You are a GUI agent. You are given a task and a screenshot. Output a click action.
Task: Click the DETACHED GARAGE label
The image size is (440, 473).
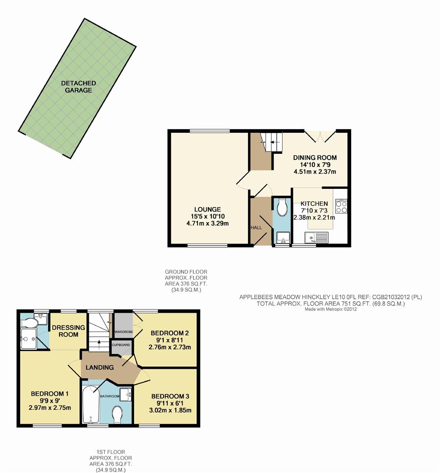[x=78, y=87]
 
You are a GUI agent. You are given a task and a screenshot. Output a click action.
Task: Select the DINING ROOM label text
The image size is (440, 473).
[x=315, y=158]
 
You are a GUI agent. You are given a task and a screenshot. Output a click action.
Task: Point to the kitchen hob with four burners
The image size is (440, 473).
[x=341, y=206]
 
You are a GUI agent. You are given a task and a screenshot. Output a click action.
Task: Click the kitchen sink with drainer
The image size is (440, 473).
[x=316, y=238]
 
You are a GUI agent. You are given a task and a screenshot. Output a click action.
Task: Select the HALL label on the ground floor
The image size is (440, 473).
[x=256, y=228]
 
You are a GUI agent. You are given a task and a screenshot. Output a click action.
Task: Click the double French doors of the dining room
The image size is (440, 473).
[x=321, y=136]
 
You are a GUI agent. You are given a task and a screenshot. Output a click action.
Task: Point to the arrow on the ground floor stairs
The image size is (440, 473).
[x=273, y=142]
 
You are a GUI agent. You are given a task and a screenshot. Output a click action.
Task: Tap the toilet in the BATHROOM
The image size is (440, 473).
[x=117, y=414]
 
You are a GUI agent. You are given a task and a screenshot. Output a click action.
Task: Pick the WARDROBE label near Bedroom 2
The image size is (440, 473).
[x=123, y=332]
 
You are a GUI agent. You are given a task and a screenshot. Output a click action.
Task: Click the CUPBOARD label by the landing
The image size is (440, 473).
[x=121, y=345]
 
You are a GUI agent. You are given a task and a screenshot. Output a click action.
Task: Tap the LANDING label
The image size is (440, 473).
[x=100, y=367]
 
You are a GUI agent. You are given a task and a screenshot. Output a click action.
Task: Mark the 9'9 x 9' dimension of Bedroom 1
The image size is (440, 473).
[x=50, y=401]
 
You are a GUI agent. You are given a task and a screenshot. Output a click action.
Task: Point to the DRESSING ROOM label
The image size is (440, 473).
[x=65, y=331]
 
